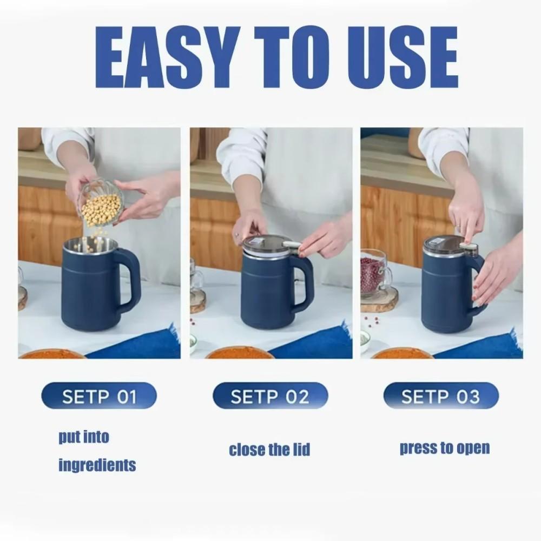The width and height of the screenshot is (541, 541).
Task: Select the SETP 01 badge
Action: tap(98, 397)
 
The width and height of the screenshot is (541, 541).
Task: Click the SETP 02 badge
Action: tap(270, 397)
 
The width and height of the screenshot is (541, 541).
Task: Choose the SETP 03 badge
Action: tap(440, 397)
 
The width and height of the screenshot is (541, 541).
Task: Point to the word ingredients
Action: tap(97, 465)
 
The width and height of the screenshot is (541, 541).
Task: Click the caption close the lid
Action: tap(269, 450)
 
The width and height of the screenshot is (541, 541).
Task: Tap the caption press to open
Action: tap(445, 448)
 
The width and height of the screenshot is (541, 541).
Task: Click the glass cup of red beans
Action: tap(375, 273)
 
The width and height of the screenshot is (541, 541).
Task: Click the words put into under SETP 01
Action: tap(84, 437)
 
